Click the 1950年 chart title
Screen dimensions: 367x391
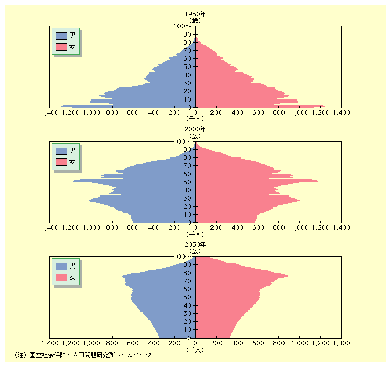click(195, 15)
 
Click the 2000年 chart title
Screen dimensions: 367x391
click(195, 130)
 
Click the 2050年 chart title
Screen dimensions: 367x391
click(195, 245)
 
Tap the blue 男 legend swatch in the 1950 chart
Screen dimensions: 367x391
click(61, 36)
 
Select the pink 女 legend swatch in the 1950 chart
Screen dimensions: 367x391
click(61, 47)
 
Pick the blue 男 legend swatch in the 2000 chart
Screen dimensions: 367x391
click(61, 151)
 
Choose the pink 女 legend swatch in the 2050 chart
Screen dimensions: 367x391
click(61, 277)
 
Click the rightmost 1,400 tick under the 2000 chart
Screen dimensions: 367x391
click(341, 228)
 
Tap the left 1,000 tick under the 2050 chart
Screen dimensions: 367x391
click(91, 343)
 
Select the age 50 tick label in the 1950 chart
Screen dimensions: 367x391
click(188, 67)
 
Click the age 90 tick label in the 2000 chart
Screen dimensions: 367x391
click(188, 150)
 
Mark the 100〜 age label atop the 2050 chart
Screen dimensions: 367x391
click(181, 257)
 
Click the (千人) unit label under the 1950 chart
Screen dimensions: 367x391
click(195, 119)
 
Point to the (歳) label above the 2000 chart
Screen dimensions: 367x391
click(195, 136)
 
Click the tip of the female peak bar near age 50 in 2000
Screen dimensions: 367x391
click(317, 181)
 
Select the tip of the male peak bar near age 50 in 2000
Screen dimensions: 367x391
click(75, 181)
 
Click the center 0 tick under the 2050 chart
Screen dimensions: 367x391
click(195, 343)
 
